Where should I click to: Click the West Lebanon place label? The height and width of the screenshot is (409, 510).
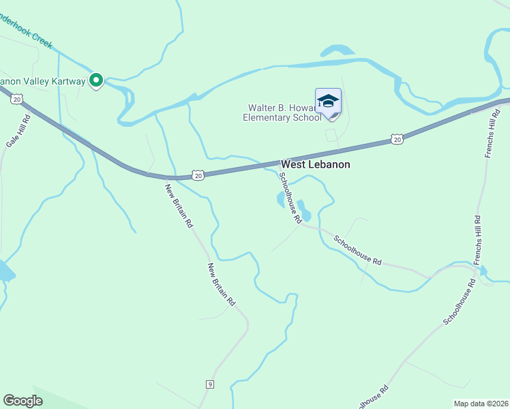(x=316, y=165)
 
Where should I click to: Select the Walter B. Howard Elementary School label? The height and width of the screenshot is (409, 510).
(x=282, y=112)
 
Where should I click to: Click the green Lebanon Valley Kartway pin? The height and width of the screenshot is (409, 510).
(x=96, y=80)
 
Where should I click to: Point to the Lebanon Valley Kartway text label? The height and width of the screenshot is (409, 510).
(x=42, y=81)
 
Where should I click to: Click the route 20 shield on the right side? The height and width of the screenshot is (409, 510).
(x=397, y=139)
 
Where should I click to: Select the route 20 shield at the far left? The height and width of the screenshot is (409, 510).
(x=16, y=100)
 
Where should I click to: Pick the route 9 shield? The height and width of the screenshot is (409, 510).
(x=210, y=384)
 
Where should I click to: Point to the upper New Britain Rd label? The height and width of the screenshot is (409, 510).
(x=179, y=204)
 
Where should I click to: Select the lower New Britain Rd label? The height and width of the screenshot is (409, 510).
(x=222, y=284)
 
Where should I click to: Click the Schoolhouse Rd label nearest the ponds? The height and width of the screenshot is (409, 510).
(x=290, y=198)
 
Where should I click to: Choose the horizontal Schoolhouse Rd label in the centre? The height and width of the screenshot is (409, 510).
(x=357, y=250)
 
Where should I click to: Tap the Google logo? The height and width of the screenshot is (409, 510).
(x=23, y=401)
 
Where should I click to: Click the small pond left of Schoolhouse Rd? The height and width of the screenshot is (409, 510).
(x=280, y=200)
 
